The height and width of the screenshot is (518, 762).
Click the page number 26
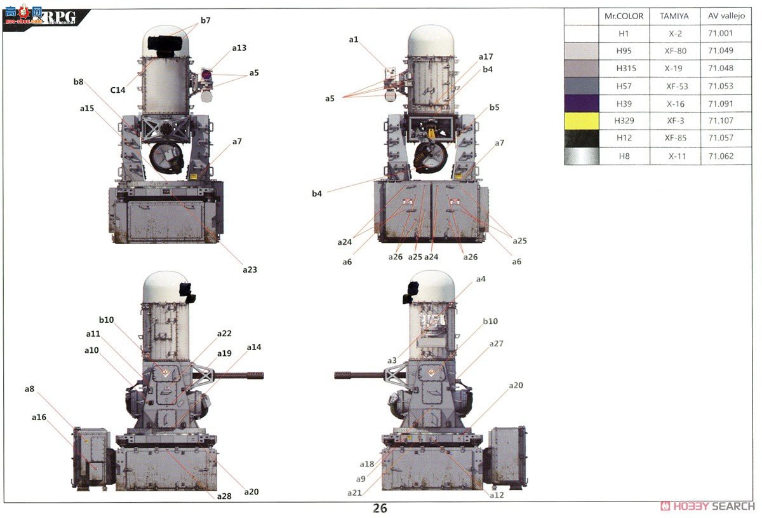pyautogui.click(x=380, y=508)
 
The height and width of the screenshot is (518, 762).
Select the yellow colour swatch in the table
pyautogui.click(x=581, y=121)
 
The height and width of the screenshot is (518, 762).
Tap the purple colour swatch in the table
pyautogui.click(x=581, y=104)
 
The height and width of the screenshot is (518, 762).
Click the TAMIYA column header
pyautogui.click(x=674, y=16)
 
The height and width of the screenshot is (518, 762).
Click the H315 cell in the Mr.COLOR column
pyautogui.click(x=624, y=68)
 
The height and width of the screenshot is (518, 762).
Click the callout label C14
pyautogui.click(x=117, y=90)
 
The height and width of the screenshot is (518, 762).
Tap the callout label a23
pyautogui.click(x=250, y=269)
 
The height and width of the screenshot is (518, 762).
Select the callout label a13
pyautogui.click(x=239, y=48)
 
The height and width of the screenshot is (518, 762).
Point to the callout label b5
pyautogui.click(x=493, y=107)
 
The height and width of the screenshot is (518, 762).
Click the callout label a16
pyautogui.click(x=39, y=417)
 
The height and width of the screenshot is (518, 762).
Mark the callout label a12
pyautogui.click(x=496, y=494)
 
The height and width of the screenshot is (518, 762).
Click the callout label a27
pyautogui.click(x=496, y=343)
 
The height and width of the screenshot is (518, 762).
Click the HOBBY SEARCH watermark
pyautogui.click(x=708, y=506)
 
